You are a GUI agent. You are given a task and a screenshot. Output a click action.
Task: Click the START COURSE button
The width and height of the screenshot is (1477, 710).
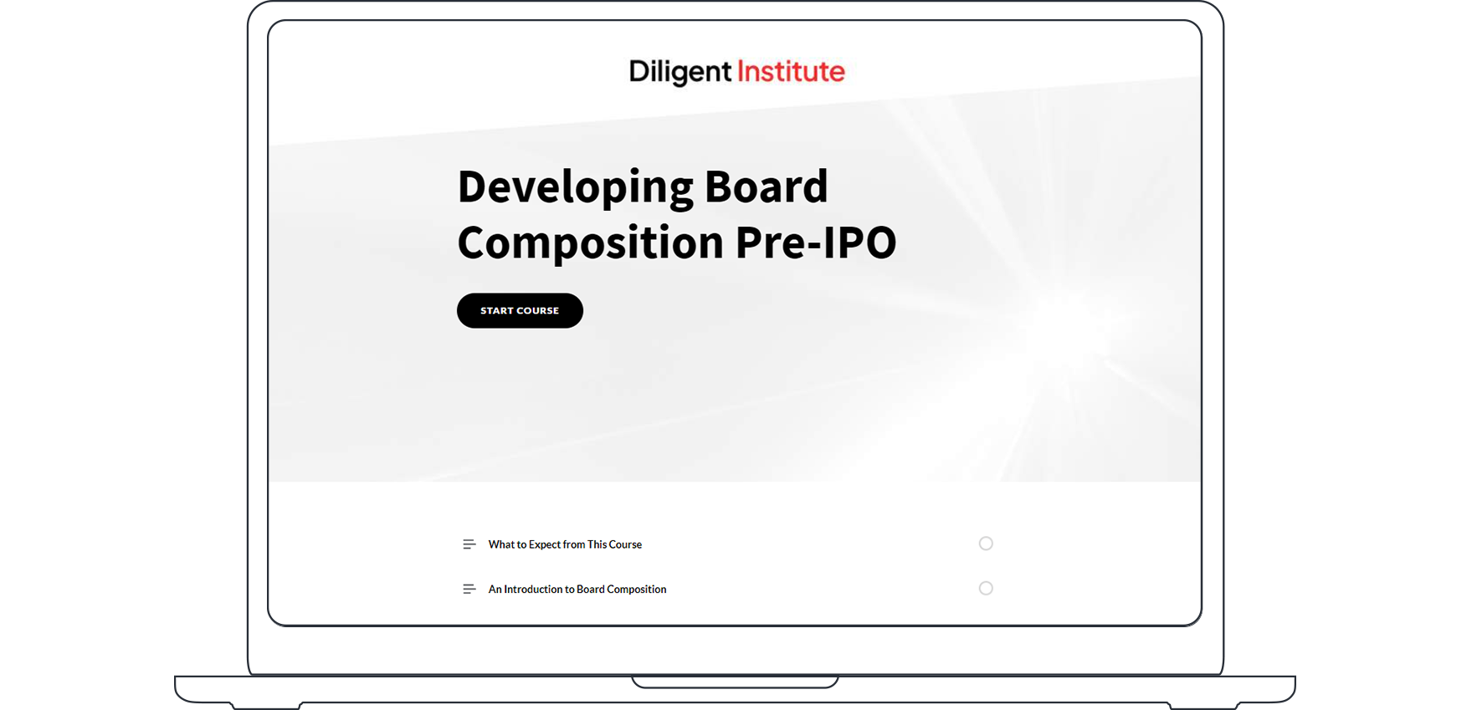tap(520, 310)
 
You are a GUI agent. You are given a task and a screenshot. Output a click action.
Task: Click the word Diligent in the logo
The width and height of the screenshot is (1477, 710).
tap(680, 72)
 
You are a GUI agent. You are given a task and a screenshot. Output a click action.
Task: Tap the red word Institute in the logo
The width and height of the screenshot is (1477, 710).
tap(791, 72)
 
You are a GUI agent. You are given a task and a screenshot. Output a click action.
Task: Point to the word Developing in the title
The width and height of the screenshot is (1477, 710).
tap(575, 187)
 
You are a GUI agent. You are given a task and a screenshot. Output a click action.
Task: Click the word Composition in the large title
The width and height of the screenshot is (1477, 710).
tap(590, 243)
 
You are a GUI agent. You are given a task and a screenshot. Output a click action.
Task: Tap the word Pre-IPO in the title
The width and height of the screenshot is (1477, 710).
tap(816, 243)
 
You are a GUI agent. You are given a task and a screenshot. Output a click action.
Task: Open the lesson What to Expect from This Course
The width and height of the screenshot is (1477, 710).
tap(565, 544)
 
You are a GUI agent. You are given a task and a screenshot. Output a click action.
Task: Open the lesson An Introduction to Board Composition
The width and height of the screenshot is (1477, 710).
tap(577, 590)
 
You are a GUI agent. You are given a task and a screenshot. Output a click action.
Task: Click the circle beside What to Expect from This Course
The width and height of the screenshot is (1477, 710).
tap(986, 544)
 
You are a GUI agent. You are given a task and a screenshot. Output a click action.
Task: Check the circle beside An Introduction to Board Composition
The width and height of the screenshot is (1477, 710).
tap(986, 589)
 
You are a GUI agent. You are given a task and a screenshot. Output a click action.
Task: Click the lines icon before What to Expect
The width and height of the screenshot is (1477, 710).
tap(469, 544)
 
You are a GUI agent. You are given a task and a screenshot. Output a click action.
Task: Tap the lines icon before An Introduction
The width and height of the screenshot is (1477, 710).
tap(469, 590)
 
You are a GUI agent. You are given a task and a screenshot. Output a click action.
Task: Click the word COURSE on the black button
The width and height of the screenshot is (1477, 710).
tap(538, 310)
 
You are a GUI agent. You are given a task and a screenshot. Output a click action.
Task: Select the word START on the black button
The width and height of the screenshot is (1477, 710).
tap(497, 310)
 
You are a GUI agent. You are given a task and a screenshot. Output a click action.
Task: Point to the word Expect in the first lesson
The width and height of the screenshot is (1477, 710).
tap(545, 544)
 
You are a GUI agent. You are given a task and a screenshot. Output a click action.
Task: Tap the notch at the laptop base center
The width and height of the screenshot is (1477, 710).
tap(735, 682)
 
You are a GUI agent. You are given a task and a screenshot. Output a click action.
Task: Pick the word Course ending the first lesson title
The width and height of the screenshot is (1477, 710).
tap(625, 544)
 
